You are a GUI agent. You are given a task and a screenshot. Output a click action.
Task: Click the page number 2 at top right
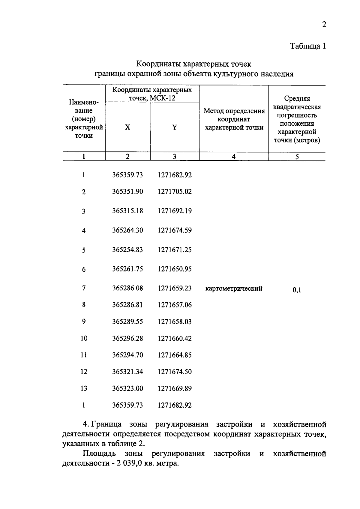coord(324,25)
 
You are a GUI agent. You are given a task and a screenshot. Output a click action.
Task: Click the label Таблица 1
coord(307,46)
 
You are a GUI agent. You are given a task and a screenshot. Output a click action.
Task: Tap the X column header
coord(127,127)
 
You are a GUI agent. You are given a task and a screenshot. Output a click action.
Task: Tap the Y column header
coord(174,127)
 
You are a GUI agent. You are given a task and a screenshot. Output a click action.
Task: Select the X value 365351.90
coord(127,192)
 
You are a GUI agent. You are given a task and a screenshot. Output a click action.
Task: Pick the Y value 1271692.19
coord(175,211)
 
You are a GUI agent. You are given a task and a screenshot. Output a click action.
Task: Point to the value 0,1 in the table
coord(296,290)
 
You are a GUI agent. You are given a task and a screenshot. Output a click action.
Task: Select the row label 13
coord(84,388)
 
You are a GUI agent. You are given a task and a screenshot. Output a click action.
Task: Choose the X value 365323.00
coord(127,388)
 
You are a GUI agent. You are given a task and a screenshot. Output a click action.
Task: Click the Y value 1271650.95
coord(175,269)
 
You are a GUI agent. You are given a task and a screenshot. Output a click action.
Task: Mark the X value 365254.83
coord(127,250)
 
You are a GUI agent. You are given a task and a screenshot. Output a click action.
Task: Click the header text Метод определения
coord(234,111)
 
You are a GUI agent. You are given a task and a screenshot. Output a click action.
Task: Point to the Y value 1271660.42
coord(175,339)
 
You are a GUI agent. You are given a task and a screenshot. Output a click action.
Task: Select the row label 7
coord(84,288)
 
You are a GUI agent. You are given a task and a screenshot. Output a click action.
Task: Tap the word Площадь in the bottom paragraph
coord(99,454)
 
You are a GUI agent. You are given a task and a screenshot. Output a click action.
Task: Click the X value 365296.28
coord(127,339)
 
